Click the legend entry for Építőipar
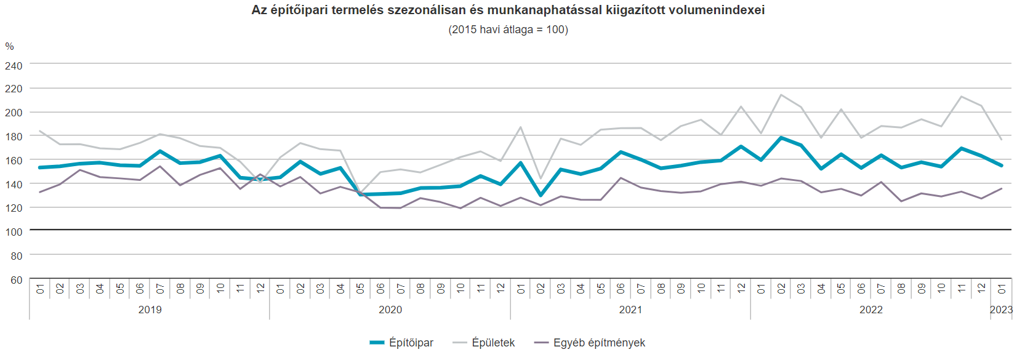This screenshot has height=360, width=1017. pos(411,343)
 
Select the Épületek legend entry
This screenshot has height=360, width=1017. pos(492,343)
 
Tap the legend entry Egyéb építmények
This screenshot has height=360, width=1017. pos(598,343)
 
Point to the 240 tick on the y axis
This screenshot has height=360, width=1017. pos(14,66)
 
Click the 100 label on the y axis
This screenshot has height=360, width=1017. pos(14,232)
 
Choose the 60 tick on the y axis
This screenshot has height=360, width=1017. pos(16,280)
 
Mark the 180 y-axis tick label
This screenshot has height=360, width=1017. pos(14,137)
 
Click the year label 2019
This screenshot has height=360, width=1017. pos(150,310)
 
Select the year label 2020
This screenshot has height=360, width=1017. pos(390,310)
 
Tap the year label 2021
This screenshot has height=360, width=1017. pos(630,310)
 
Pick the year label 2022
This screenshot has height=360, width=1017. pos(870,310)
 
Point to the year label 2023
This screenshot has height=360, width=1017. pos(1001,310)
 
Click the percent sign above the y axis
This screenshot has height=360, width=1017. pos(9,47)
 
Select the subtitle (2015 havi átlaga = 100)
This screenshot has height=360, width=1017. pos(508,30)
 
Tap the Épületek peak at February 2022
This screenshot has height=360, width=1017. pos(781,95)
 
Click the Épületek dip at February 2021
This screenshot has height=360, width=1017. pos(541,178)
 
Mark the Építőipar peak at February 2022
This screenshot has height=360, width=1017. pos(781,138)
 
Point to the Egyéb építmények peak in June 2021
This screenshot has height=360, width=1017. pos(621,178)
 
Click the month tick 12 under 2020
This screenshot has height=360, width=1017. pos(500,288)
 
